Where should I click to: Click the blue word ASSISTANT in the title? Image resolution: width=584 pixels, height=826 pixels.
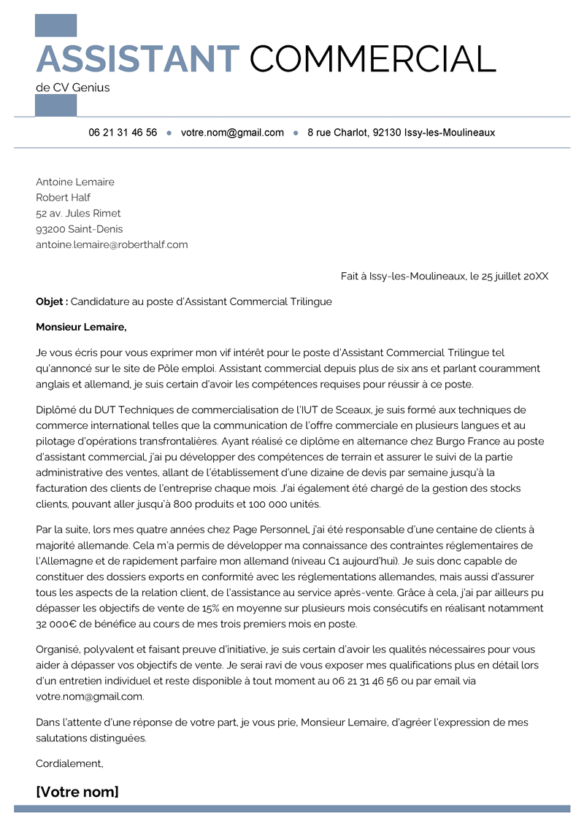click(137, 58)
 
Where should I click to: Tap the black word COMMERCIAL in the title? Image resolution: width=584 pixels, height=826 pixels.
click(372, 58)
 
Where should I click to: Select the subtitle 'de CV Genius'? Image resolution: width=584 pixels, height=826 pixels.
click(72, 88)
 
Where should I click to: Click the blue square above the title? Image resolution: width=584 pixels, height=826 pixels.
click(55, 26)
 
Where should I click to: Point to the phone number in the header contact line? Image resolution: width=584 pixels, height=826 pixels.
click(123, 133)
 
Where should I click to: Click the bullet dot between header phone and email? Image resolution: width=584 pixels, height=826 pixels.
click(169, 133)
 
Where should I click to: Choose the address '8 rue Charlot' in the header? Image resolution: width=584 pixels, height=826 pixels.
click(337, 133)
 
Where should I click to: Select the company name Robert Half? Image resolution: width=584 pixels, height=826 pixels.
click(64, 198)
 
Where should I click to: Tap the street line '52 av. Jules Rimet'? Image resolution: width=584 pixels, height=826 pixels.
click(78, 213)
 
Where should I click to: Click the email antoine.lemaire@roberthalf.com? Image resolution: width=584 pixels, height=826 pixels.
click(112, 244)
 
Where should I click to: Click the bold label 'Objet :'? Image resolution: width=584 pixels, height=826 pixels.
click(52, 301)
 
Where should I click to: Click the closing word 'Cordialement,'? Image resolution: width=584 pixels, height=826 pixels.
click(69, 763)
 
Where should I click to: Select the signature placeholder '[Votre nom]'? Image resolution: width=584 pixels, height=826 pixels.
click(77, 792)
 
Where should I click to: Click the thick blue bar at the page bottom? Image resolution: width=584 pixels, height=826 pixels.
click(292, 808)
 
